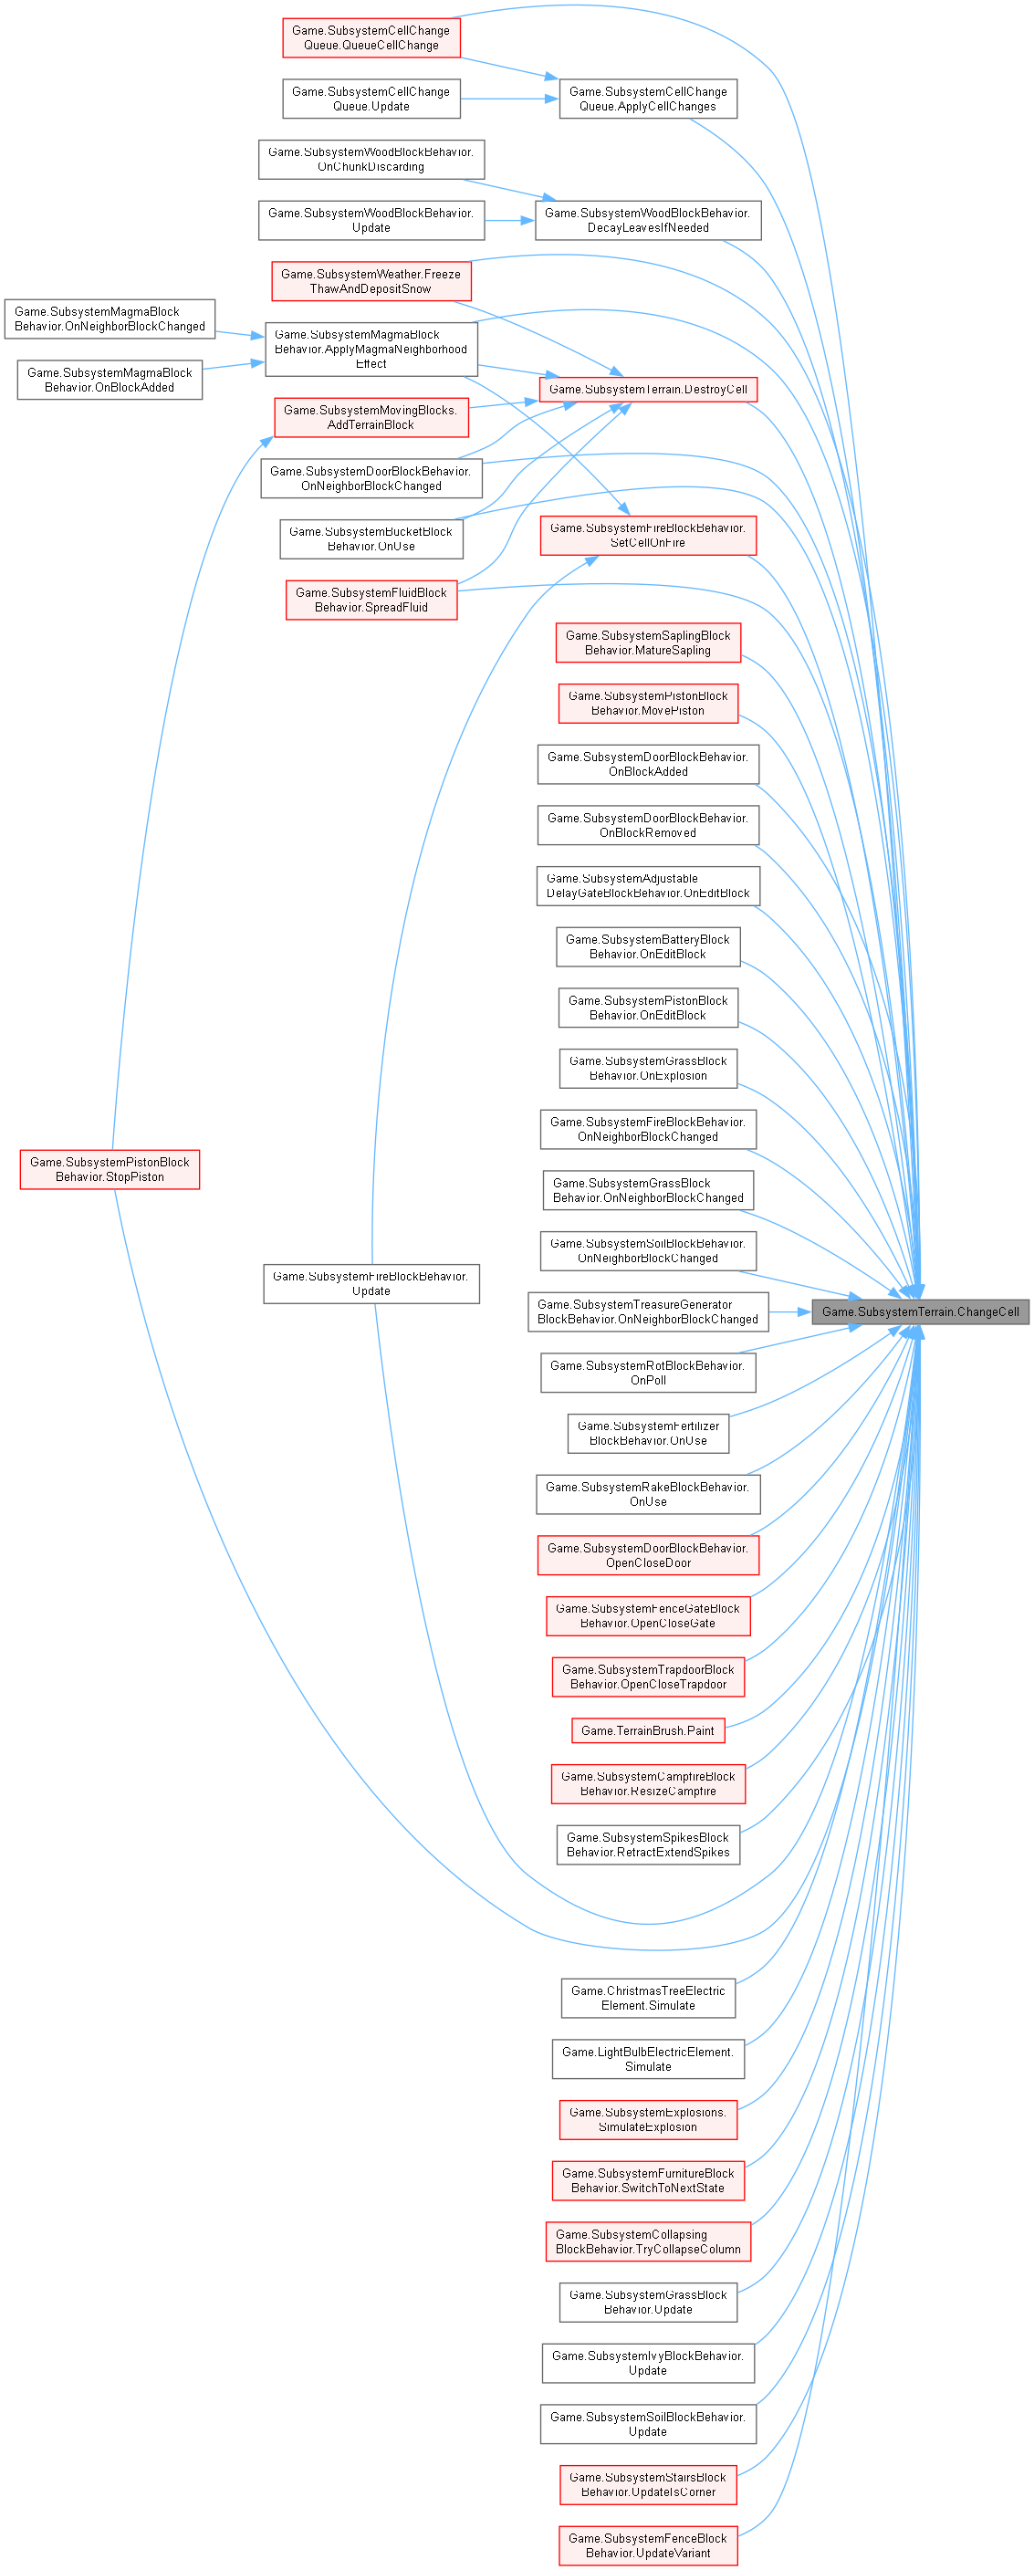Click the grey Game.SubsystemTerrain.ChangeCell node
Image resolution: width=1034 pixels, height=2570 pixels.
(920, 1312)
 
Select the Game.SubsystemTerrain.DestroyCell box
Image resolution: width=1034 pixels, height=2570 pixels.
(648, 389)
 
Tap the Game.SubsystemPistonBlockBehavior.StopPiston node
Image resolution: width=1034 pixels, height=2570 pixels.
(110, 1169)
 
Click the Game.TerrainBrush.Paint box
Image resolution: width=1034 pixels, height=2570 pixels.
(648, 1730)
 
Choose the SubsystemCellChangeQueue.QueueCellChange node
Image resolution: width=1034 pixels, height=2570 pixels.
(371, 38)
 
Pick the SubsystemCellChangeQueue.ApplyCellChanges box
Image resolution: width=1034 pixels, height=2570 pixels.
(648, 99)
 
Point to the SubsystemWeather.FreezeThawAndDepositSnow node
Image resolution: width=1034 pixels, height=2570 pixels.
(371, 281)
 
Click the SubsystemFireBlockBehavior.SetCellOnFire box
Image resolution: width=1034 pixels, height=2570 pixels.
(648, 536)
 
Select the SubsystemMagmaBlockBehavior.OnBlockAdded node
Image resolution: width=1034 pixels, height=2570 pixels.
(110, 380)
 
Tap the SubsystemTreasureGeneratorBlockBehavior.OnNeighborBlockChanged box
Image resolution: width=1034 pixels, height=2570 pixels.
(648, 1312)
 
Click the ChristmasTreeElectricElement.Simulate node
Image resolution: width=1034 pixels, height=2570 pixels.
(648, 1998)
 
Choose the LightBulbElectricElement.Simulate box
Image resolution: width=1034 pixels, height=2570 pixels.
(648, 2059)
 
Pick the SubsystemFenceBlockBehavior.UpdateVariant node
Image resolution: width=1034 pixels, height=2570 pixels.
(648, 2545)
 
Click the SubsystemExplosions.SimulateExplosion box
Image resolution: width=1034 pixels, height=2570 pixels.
(648, 2119)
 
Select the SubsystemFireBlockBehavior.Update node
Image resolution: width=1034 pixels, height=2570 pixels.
(371, 1283)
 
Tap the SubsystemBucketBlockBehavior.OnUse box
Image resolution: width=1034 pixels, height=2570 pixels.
(371, 538)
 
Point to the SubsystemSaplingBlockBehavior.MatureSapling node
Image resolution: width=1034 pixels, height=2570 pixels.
(648, 642)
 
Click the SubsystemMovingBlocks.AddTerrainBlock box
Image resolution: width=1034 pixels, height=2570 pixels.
(371, 417)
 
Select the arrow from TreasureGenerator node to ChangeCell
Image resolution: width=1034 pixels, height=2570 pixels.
(789, 1312)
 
